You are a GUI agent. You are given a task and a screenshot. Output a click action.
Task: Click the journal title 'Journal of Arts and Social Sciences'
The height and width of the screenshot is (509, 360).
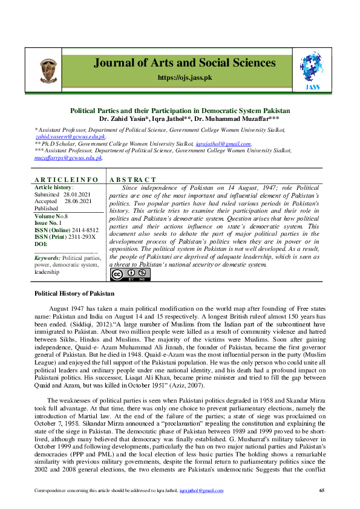[x=185, y=63]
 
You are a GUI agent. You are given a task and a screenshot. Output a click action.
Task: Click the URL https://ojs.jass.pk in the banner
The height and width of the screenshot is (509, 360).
[x=184, y=77]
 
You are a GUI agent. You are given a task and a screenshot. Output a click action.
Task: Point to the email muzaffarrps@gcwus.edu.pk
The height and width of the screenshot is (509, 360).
[x=68, y=157]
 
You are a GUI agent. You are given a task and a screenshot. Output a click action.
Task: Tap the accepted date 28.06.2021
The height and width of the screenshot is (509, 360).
[x=77, y=201]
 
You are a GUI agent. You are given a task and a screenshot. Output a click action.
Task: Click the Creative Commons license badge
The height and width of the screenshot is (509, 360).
[x=129, y=274]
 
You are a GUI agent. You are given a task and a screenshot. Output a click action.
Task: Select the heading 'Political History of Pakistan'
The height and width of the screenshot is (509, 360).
[x=74, y=293]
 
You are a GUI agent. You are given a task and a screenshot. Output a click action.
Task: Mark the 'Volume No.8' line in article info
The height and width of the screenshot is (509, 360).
[x=51, y=215]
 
